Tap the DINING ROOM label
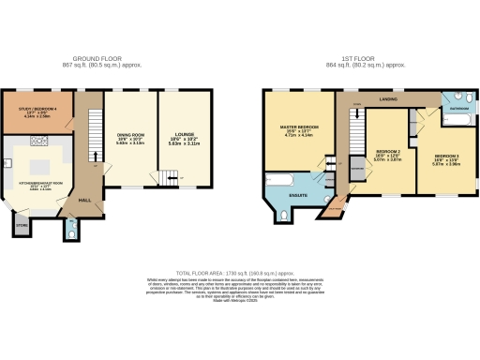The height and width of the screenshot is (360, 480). click(130, 137)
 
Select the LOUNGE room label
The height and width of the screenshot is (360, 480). click(184, 136)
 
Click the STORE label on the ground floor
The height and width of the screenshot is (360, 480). click(21, 224)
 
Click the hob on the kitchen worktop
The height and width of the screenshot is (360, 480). click(40, 142)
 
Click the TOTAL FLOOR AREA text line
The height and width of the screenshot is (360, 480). click(239, 270)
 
